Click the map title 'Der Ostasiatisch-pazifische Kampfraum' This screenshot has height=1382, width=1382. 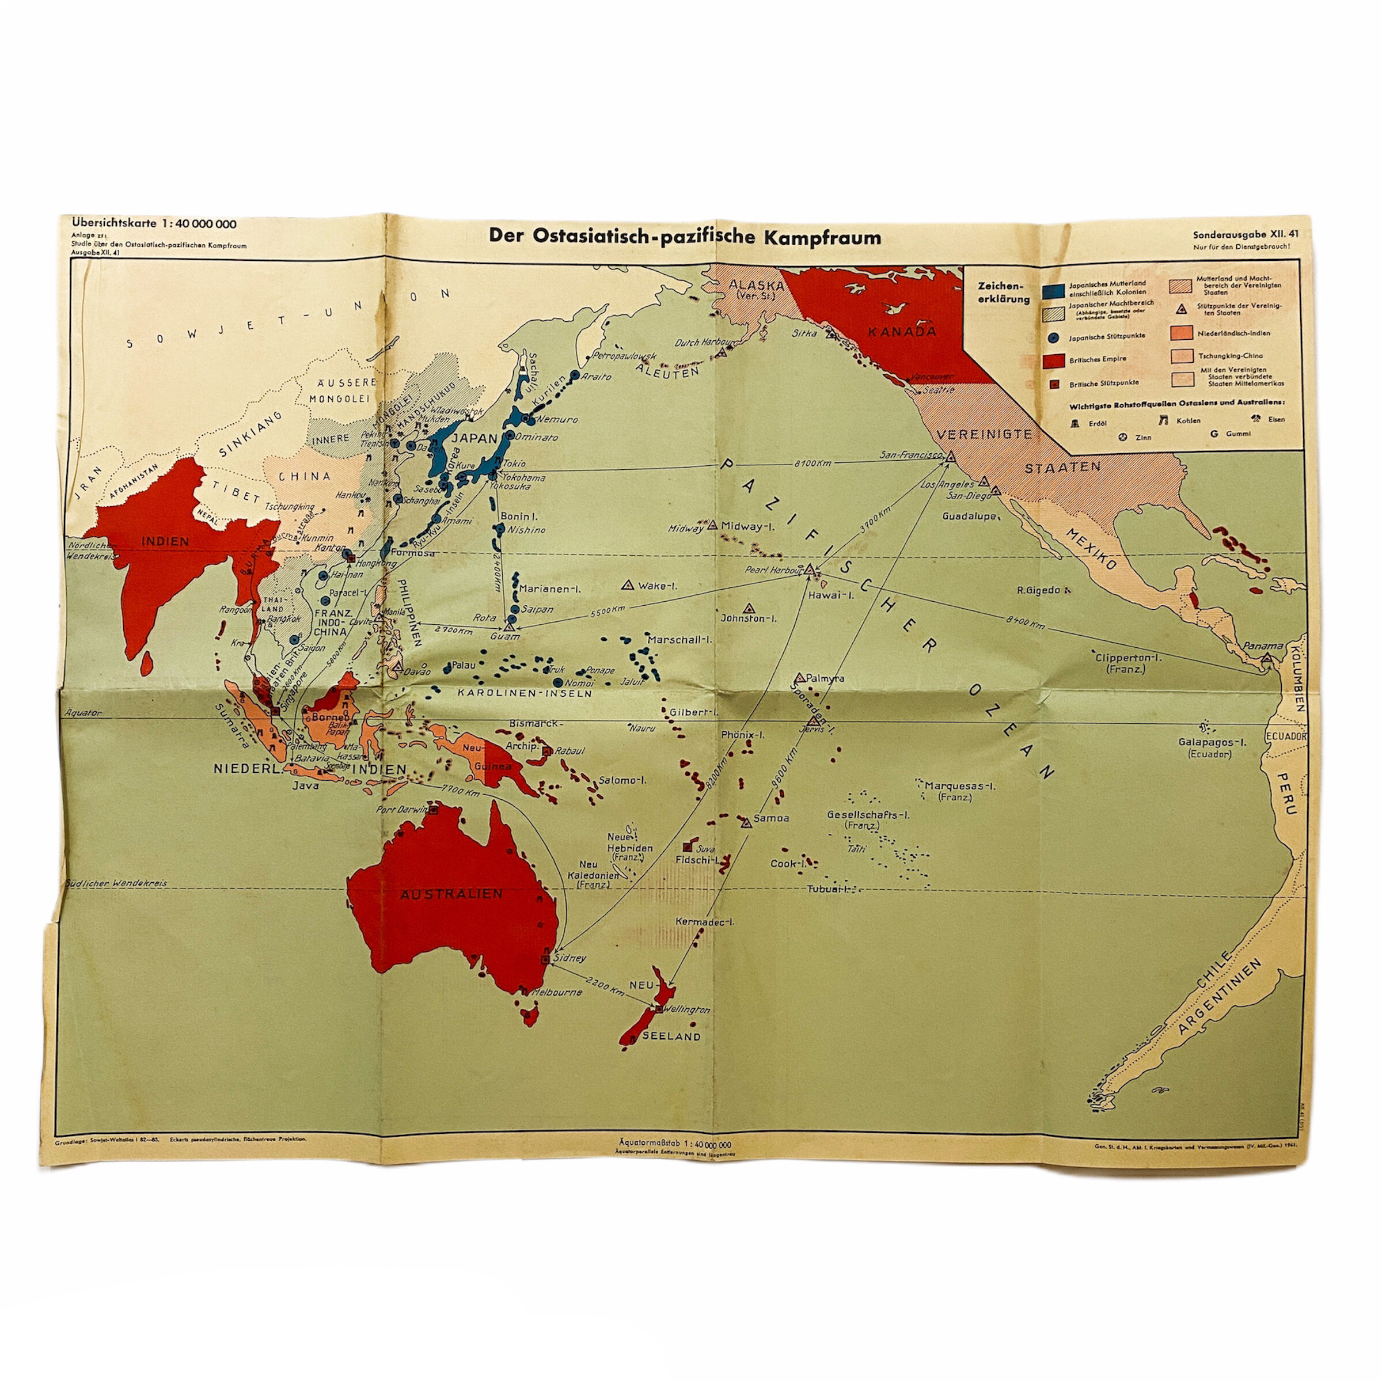pos(685,237)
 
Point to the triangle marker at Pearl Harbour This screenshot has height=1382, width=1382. pos(810,569)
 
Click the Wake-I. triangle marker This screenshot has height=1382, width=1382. pos(629,584)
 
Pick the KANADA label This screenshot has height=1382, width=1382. pos(901,331)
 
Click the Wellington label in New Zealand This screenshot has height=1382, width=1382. pos(687,1009)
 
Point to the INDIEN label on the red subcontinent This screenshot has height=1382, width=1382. pos(165,541)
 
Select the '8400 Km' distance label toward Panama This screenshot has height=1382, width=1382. pos(1025,623)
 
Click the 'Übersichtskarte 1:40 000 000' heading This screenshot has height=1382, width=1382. pos(154,224)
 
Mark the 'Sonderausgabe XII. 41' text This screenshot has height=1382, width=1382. pos(1246,234)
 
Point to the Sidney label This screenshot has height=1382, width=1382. pos(570,957)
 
